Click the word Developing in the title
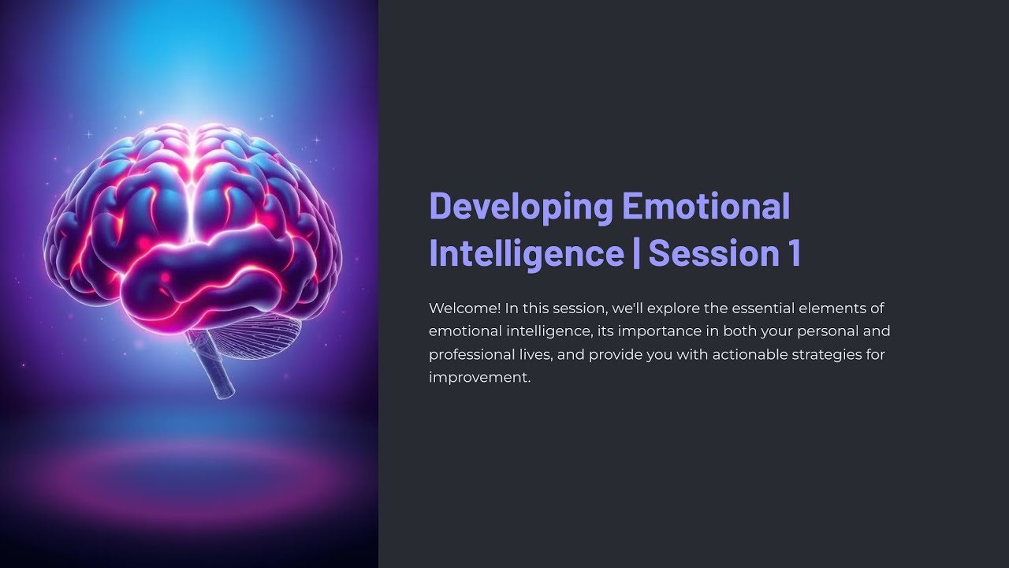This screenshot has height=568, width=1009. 521,207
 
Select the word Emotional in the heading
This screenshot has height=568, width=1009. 706,207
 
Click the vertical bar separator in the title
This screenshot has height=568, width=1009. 636,253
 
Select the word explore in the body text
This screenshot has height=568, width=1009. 672,308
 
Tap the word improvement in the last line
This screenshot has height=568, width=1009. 479,377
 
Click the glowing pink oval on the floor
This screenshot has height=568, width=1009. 189,473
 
